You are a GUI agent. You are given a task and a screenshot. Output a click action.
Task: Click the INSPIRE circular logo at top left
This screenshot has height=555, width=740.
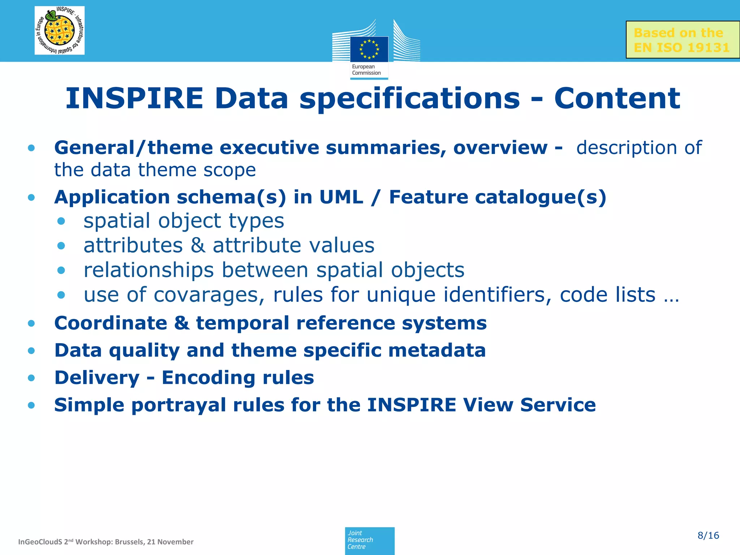(60, 30)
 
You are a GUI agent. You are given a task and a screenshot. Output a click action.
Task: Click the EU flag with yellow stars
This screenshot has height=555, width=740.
(369, 49)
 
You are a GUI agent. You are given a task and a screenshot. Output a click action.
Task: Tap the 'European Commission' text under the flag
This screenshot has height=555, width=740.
(366, 70)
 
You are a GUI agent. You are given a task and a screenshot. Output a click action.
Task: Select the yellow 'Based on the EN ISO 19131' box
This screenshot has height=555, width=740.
(682, 40)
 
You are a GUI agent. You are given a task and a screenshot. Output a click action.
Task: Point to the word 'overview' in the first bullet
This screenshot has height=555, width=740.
(500, 148)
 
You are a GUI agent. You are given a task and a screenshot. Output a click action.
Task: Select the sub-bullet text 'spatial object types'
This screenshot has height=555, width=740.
(184, 221)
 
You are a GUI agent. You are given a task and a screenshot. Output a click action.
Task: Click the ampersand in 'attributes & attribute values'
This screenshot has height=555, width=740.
(198, 246)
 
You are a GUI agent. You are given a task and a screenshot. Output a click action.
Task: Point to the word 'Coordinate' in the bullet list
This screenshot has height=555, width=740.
(111, 323)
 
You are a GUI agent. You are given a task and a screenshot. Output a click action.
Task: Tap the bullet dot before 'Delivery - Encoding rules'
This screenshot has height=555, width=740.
(31, 378)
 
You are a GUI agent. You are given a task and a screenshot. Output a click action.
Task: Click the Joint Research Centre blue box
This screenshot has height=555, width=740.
(370, 540)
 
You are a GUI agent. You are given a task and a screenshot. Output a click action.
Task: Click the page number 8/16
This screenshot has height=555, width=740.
(708, 535)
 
